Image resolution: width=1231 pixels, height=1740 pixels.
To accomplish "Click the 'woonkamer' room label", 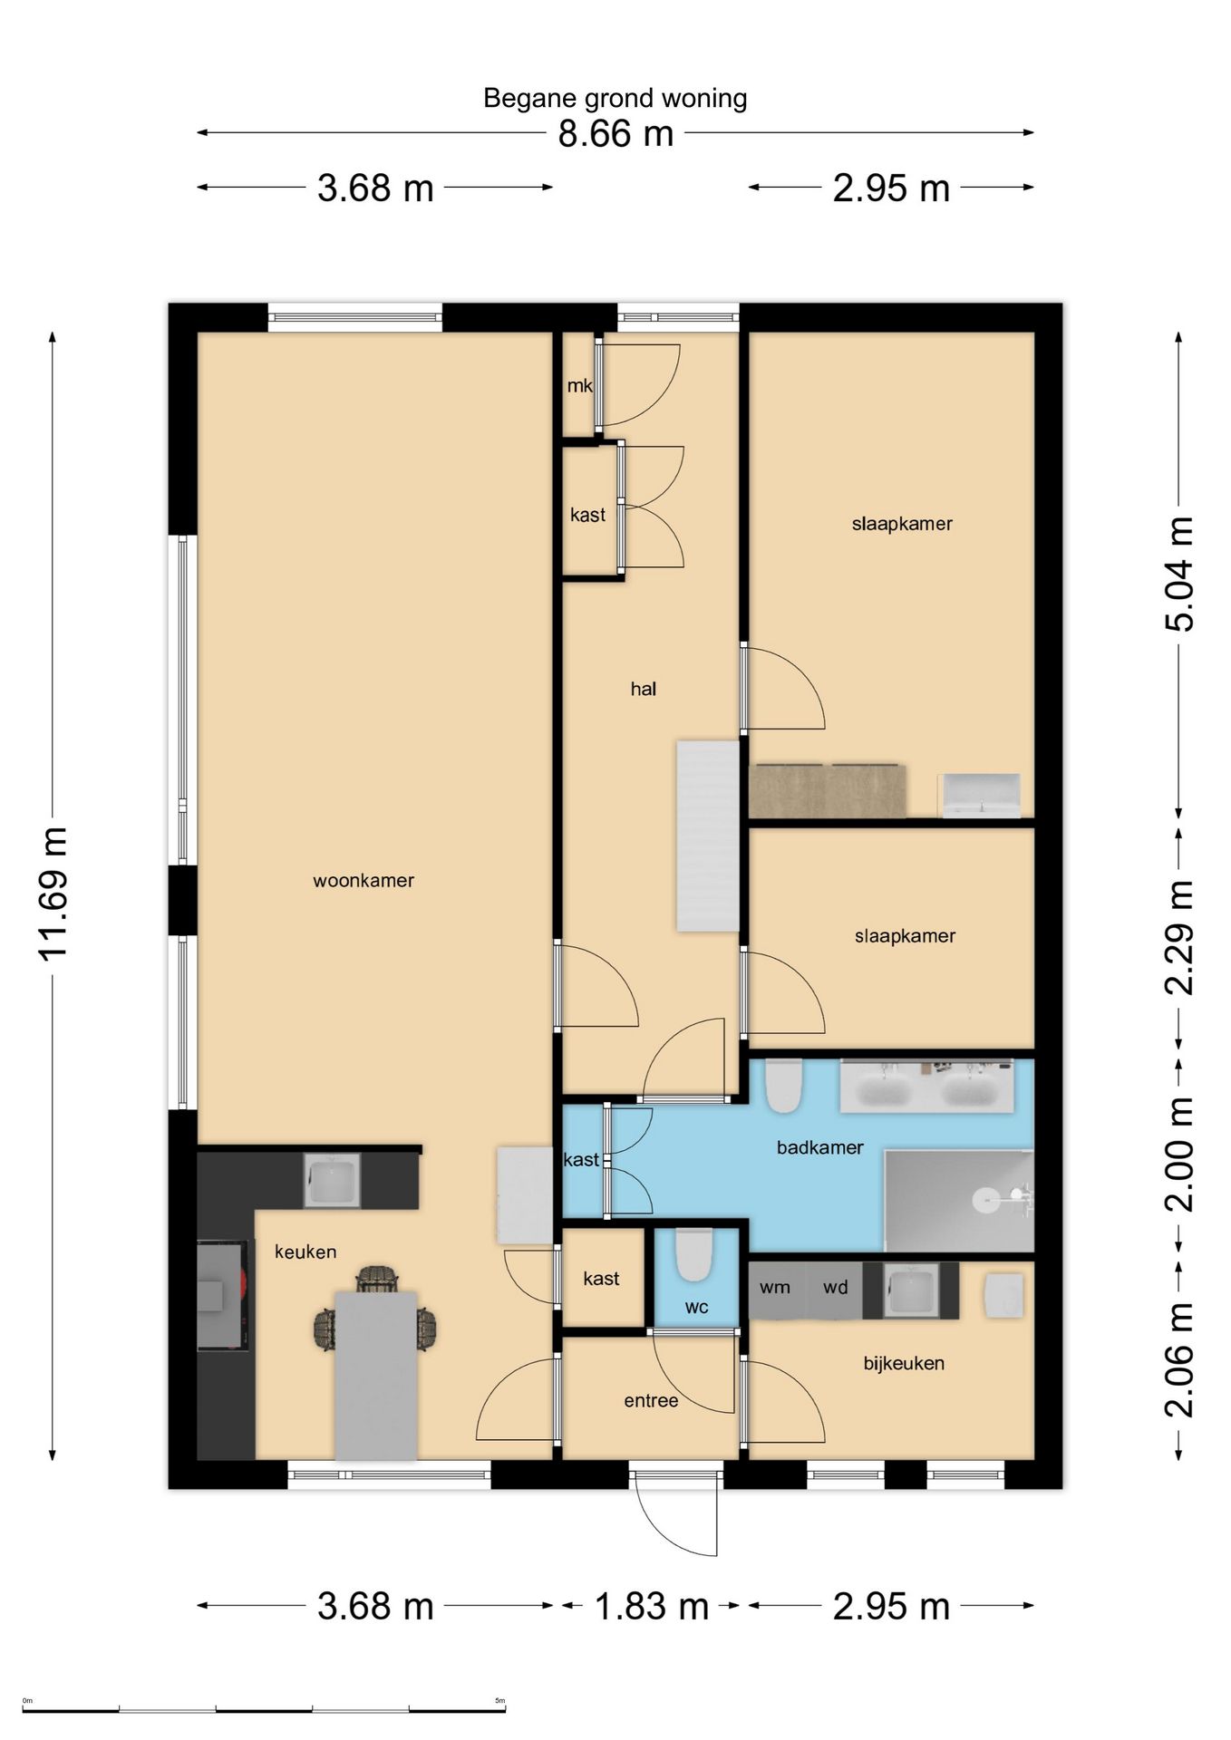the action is tap(363, 880).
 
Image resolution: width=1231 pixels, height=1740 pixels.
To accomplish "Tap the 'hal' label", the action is tap(643, 689).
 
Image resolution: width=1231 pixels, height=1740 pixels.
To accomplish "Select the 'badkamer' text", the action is tap(819, 1147).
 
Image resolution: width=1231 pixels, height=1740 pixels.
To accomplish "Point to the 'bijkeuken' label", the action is tap(904, 1363).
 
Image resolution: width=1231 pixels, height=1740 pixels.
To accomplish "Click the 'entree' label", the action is tap(651, 1400).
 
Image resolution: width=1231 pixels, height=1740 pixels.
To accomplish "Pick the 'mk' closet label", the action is tap(579, 385).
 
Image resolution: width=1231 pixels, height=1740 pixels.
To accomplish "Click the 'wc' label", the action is tap(696, 1307).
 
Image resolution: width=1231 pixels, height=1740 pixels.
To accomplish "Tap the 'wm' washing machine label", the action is tap(775, 1287).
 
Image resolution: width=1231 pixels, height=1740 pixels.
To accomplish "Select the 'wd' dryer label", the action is tap(835, 1287).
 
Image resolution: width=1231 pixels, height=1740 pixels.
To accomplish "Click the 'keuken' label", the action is tap(305, 1252).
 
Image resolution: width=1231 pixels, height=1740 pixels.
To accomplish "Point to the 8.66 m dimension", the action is tap(615, 134).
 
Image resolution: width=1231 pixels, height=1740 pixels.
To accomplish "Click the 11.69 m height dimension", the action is tap(53, 893).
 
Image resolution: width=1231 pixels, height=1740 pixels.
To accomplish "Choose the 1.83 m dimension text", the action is tap(651, 1607).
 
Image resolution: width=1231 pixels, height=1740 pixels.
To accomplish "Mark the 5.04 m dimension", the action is tap(1179, 574).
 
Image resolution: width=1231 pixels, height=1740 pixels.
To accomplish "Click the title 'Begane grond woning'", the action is tap(615, 98).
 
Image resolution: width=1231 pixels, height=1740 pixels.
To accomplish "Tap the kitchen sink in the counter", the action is tap(331, 1180).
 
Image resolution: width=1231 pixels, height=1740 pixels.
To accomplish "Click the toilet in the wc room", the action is tap(694, 1254).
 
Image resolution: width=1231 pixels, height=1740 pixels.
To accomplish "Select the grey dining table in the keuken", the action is tap(376, 1376).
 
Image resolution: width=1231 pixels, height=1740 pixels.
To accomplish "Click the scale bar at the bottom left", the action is tap(264, 1709).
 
